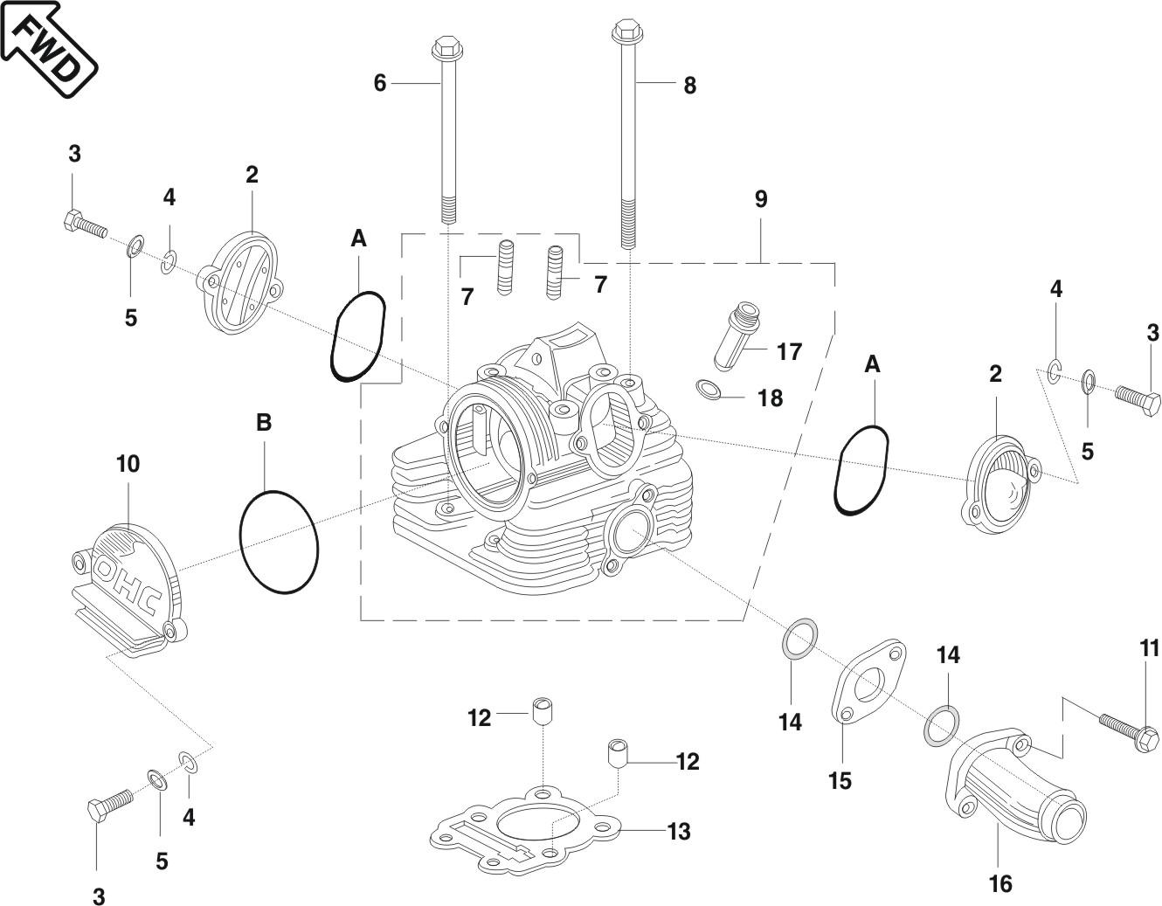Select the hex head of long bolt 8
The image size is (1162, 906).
626,31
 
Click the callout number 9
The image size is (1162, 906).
761,199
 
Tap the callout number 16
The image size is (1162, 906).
1000,883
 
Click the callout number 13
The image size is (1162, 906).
679,832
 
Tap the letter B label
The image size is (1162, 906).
264,423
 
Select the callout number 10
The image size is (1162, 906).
128,464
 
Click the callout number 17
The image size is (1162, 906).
789,351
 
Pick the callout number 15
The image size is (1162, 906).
840,780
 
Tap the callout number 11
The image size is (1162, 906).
1149,648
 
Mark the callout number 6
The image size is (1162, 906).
379,83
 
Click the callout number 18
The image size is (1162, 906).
771,398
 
